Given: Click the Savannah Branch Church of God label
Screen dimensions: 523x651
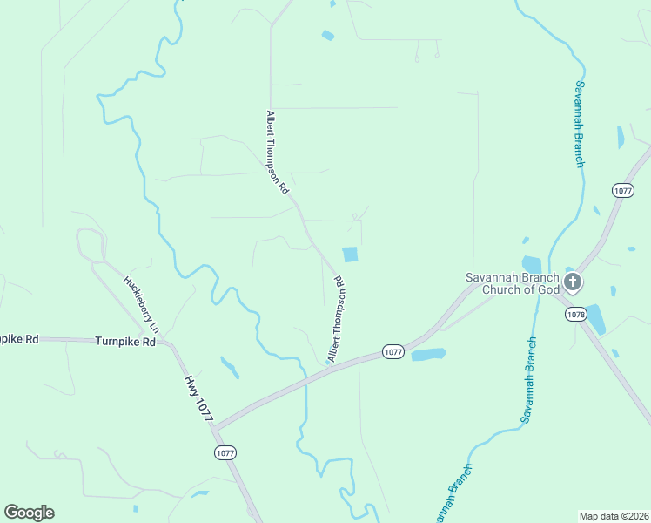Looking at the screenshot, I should (510, 283).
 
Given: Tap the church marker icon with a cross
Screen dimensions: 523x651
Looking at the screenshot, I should (573, 282).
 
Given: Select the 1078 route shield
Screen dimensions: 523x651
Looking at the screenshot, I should (574, 314).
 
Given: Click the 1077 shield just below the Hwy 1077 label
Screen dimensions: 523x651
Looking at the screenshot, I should (225, 452).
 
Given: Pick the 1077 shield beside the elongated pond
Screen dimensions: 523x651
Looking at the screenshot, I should (393, 352).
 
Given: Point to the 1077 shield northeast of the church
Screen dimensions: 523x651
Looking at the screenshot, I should (622, 190).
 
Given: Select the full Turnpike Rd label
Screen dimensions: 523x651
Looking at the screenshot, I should (124, 343).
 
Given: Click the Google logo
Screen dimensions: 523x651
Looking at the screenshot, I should (30, 513).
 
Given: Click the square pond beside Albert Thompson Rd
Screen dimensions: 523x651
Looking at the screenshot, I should (350, 255).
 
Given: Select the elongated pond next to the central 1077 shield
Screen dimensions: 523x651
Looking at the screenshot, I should (428, 355).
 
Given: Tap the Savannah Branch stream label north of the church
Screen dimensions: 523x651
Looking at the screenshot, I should (579, 123).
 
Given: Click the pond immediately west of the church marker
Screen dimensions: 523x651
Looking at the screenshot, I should (532, 264).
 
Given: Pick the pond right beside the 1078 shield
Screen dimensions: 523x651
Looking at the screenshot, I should (595, 319).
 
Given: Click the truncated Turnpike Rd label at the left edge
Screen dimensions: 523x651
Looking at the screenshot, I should (19, 338).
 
